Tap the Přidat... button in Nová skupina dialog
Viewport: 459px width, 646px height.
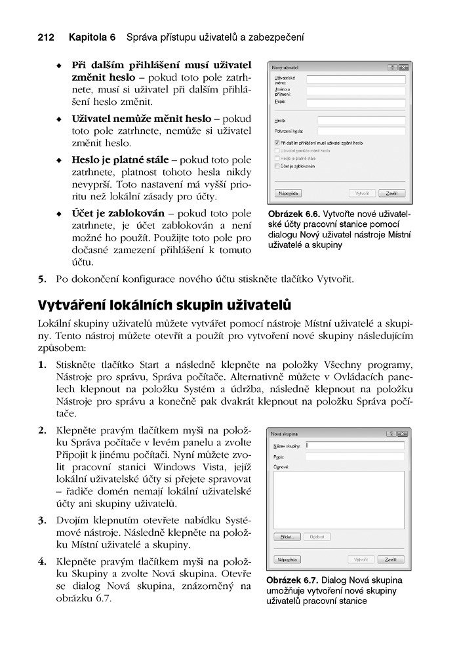[x=288, y=536]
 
